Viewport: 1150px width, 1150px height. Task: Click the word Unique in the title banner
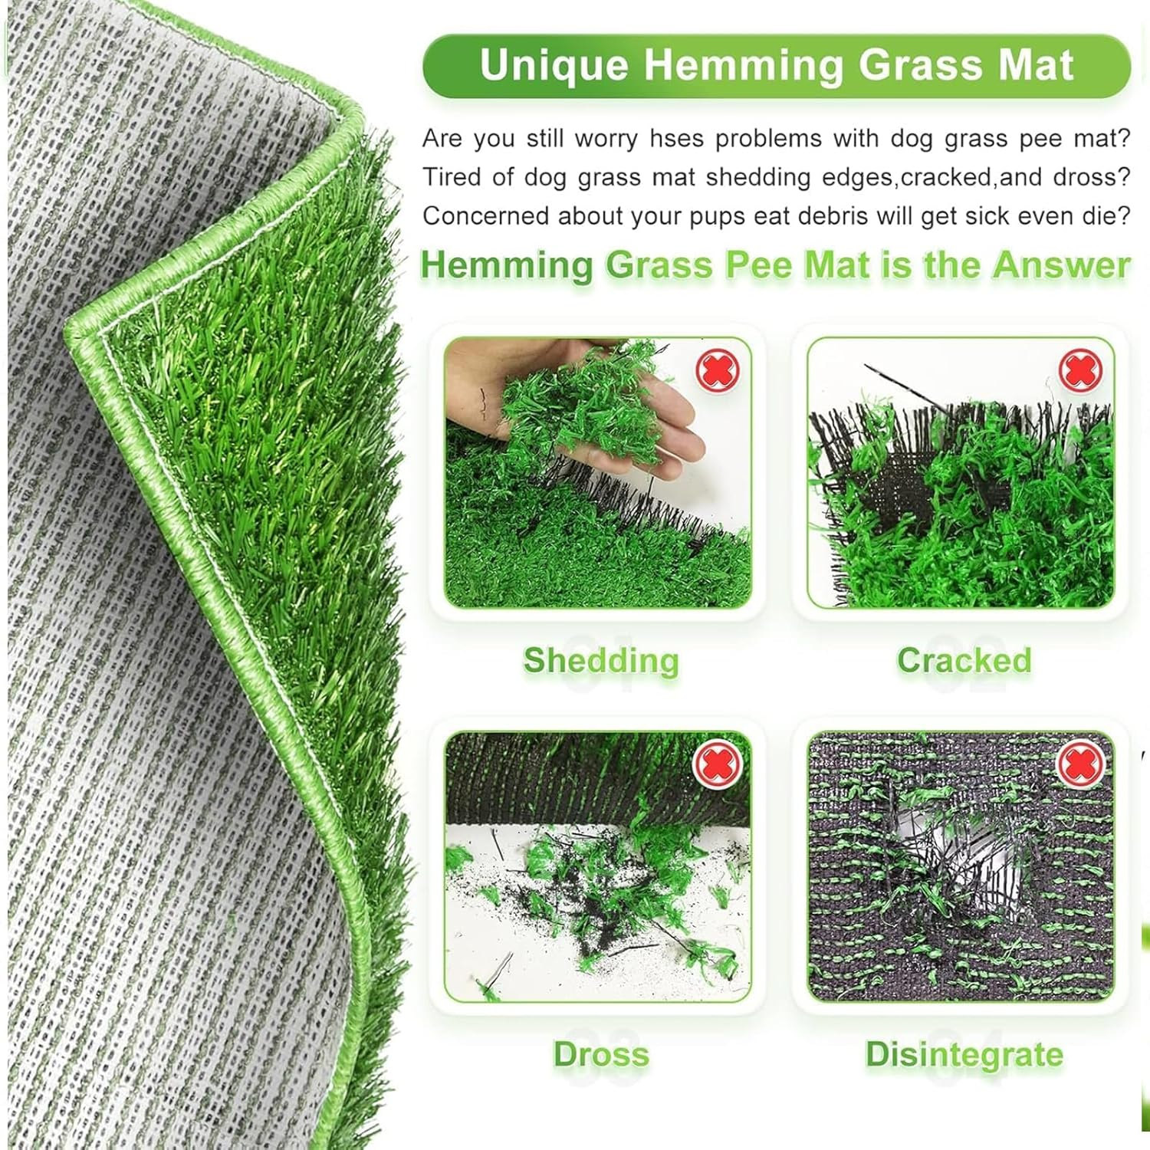click(554, 65)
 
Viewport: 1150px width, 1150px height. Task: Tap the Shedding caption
click(601, 661)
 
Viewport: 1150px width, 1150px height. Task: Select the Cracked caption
click(964, 661)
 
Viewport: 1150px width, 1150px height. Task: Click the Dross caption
click(601, 1055)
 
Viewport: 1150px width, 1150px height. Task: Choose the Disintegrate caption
click(964, 1055)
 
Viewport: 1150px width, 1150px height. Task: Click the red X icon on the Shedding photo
click(718, 370)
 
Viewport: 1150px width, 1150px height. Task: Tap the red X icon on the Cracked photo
click(1080, 370)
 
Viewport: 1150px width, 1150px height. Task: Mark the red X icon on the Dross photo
click(718, 764)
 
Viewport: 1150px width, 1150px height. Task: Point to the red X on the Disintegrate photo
click(1080, 764)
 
